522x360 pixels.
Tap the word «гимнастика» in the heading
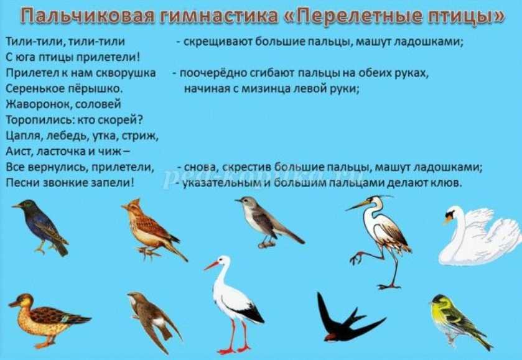click(218, 16)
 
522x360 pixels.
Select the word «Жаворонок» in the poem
click(39, 104)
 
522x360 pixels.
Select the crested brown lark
click(154, 229)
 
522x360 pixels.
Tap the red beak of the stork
click(212, 265)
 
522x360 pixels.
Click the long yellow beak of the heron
click(358, 205)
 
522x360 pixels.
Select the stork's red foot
click(227, 351)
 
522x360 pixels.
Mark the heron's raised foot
click(357, 257)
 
